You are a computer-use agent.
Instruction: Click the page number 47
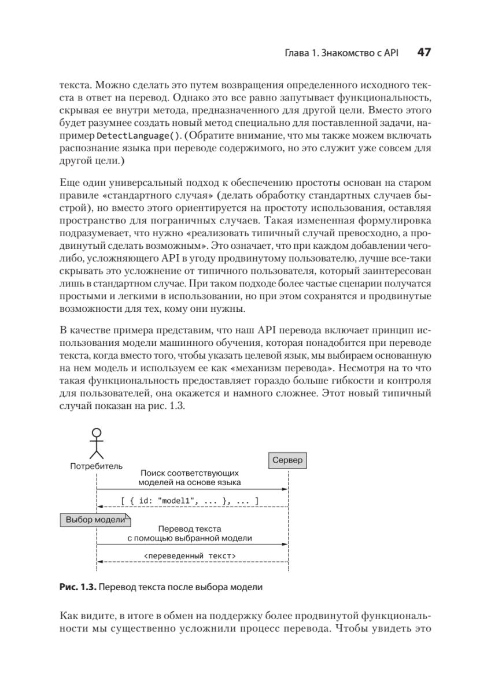(x=424, y=53)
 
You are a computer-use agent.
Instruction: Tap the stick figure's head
(x=97, y=433)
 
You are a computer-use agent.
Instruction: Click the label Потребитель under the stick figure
(x=97, y=465)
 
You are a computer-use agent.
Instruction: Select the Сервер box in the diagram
(x=287, y=460)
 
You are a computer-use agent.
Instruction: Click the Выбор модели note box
(x=95, y=519)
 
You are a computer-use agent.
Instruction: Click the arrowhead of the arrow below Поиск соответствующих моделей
(x=285, y=489)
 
